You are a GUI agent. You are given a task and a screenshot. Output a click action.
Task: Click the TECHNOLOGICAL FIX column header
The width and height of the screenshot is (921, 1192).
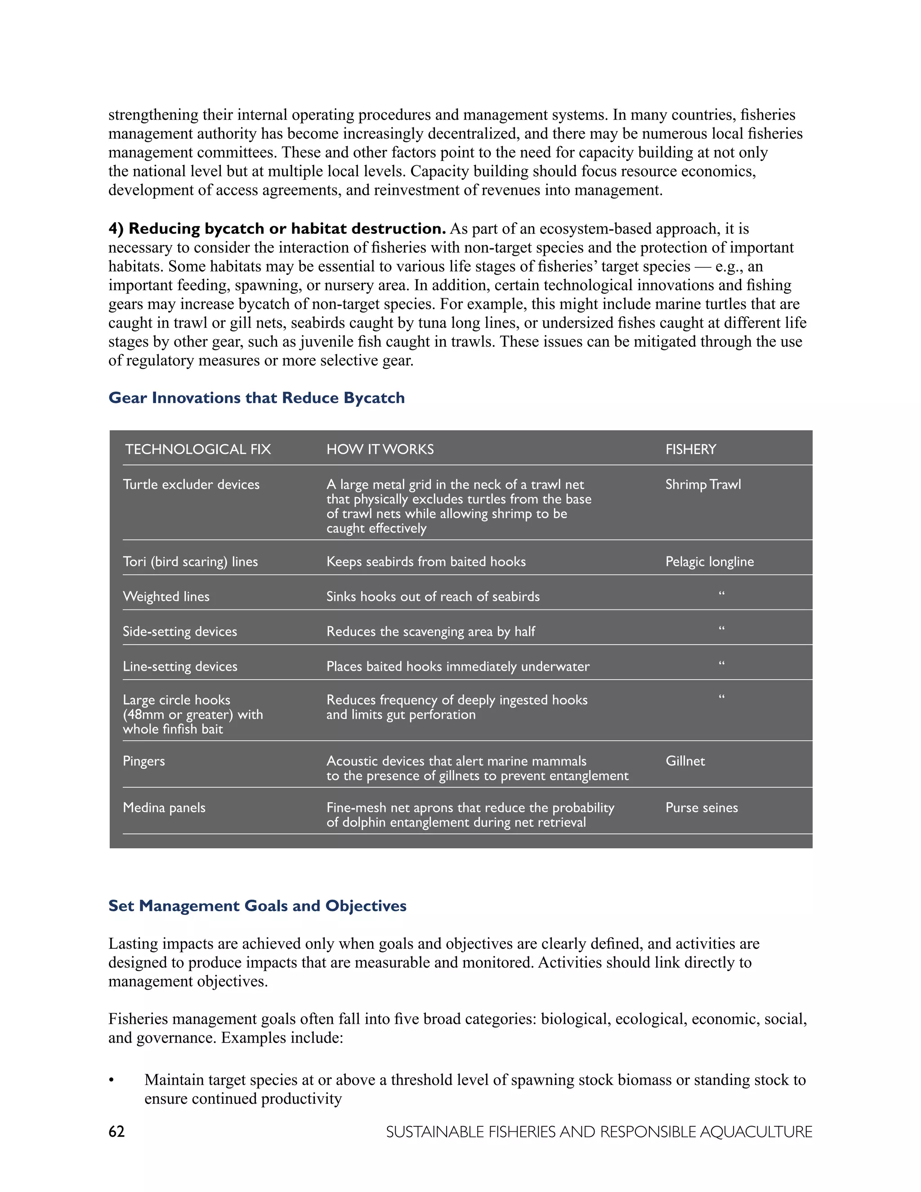click(x=197, y=449)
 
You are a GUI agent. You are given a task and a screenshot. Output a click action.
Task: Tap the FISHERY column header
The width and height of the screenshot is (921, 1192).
click(x=690, y=449)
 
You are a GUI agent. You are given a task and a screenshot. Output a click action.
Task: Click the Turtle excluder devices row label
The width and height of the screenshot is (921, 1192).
click(x=191, y=484)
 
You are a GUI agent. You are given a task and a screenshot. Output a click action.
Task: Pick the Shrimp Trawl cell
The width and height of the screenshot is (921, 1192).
click(x=703, y=484)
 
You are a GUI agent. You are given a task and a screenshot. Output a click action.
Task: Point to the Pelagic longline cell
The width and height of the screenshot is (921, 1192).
click(x=709, y=562)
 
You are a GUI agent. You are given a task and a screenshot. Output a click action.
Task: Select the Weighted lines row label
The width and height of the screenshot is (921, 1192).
click(x=166, y=596)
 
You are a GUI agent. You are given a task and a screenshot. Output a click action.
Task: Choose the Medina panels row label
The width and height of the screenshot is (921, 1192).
click(x=164, y=808)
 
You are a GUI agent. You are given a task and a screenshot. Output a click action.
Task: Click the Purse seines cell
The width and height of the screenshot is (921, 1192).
click(x=701, y=808)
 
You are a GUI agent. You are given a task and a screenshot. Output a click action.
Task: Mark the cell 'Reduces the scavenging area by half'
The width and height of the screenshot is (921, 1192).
click(x=430, y=632)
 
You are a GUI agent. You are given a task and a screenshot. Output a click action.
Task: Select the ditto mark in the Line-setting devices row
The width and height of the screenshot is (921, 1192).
click(x=721, y=663)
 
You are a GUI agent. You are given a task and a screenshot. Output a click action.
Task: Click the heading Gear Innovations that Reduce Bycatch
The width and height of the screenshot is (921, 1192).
click(x=256, y=398)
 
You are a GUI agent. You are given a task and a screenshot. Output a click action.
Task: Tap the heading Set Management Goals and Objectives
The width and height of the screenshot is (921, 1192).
click(x=257, y=906)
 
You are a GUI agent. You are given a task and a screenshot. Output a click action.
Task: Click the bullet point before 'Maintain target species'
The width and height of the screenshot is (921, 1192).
click(x=112, y=1080)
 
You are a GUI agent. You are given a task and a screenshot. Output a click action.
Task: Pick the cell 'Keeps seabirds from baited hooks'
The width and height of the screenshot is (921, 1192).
click(x=425, y=562)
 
